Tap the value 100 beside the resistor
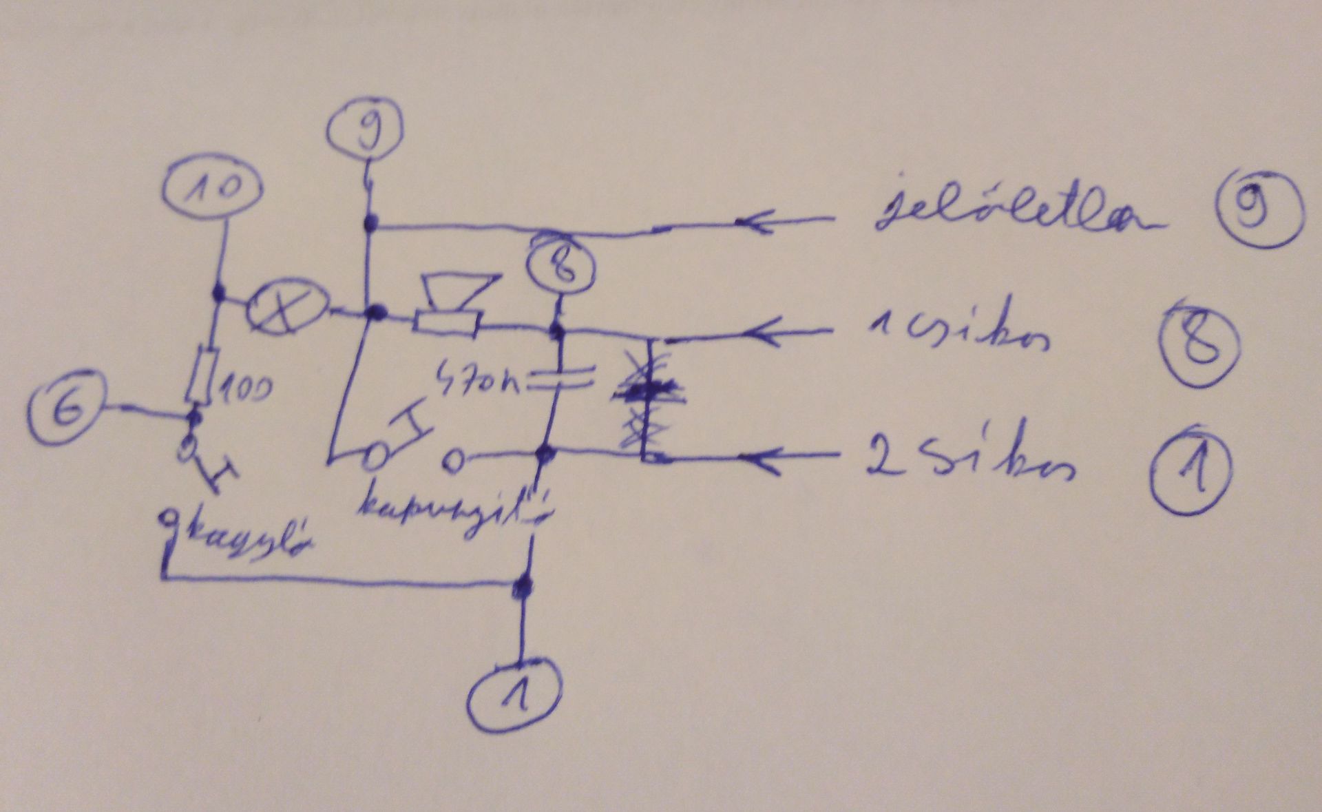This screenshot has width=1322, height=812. coord(244,390)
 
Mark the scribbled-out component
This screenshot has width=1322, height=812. coord(647,399)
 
